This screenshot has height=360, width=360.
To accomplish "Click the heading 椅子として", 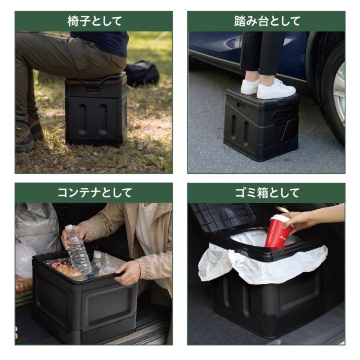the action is [94, 21].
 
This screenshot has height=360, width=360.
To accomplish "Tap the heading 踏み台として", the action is [267, 21].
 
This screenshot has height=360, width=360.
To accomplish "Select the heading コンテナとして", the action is [94, 192].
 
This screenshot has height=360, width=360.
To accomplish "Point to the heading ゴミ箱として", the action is [267, 192].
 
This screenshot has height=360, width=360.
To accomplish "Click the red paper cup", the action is [278, 231].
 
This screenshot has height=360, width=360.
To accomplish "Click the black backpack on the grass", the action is [142, 73].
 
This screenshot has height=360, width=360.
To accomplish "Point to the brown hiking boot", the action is [24, 136].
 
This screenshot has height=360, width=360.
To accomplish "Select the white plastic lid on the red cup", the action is [280, 219].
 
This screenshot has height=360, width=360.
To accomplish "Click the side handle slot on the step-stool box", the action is [241, 106].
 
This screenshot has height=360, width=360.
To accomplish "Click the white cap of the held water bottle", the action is [69, 227].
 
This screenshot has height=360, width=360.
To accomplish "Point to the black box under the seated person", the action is [96, 109].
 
